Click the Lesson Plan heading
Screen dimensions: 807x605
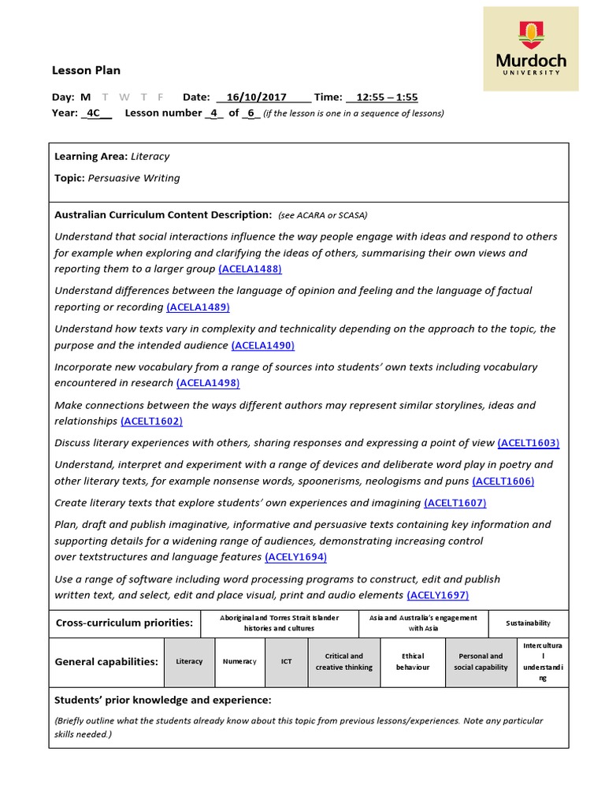coord(86,70)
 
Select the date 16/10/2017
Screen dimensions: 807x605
coord(255,97)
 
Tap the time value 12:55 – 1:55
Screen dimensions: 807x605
coord(386,97)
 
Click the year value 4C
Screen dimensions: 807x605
coord(94,113)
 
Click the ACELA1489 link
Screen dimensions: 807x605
coord(198,307)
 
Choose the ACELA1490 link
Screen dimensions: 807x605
coord(262,345)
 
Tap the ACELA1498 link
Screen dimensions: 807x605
coord(208,383)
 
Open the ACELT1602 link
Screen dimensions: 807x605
coord(151,421)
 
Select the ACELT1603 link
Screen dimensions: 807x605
coord(529,443)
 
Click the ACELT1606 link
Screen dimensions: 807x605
coord(503,481)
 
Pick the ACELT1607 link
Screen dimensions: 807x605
coord(455,503)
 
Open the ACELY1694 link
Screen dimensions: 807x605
coord(295,557)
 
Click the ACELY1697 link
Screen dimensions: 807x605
coord(437,595)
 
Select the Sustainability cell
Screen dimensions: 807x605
coord(528,623)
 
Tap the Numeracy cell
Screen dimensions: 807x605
coord(239,661)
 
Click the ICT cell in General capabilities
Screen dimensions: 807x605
coord(287,661)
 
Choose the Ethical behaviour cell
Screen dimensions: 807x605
coord(413,661)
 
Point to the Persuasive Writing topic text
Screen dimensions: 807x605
coord(134,178)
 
